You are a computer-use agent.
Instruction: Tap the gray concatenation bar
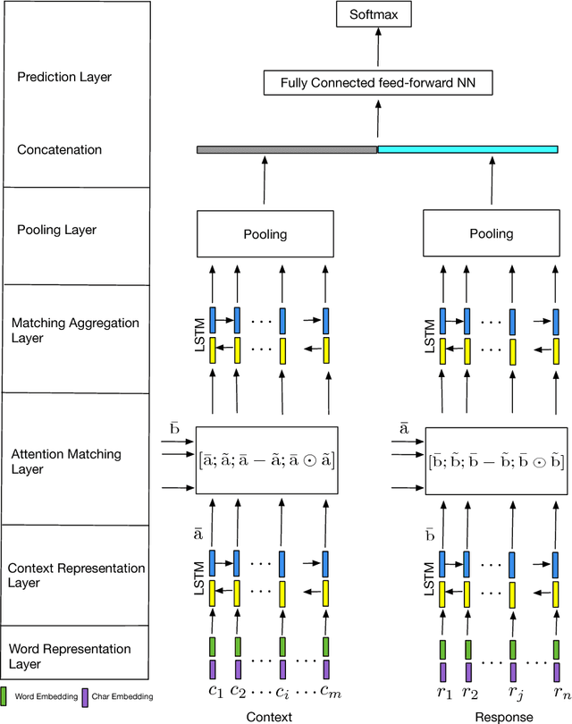(287, 149)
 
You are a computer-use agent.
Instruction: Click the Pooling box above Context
(265, 234)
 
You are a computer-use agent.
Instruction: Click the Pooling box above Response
(492, 234)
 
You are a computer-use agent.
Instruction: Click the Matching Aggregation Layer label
(63, 331)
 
